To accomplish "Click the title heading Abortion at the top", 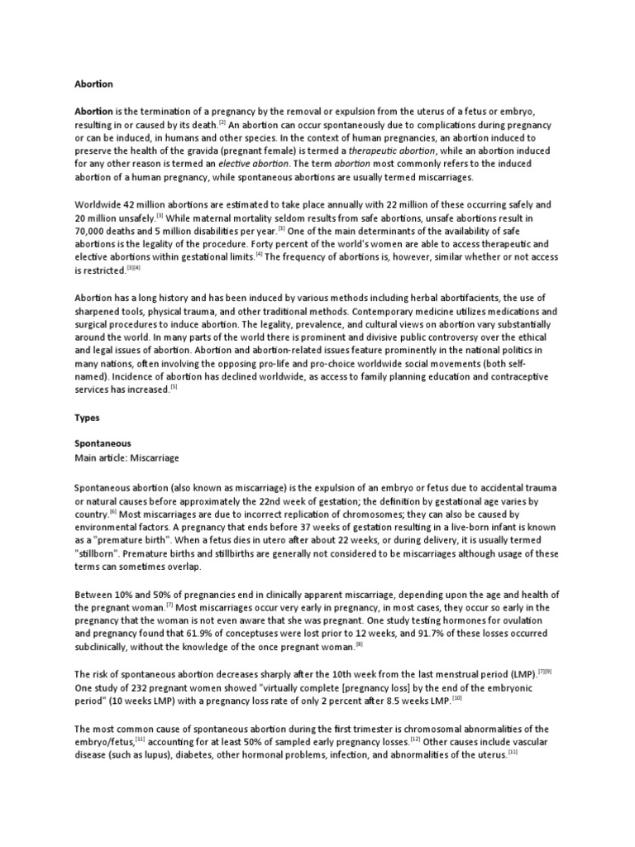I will tap(93, 84).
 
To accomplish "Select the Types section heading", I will tap(88, 419).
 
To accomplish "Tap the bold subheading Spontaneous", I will tap(103, 444).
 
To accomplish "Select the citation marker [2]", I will tap(222, 122).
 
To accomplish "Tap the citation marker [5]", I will tap(174, 386).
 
